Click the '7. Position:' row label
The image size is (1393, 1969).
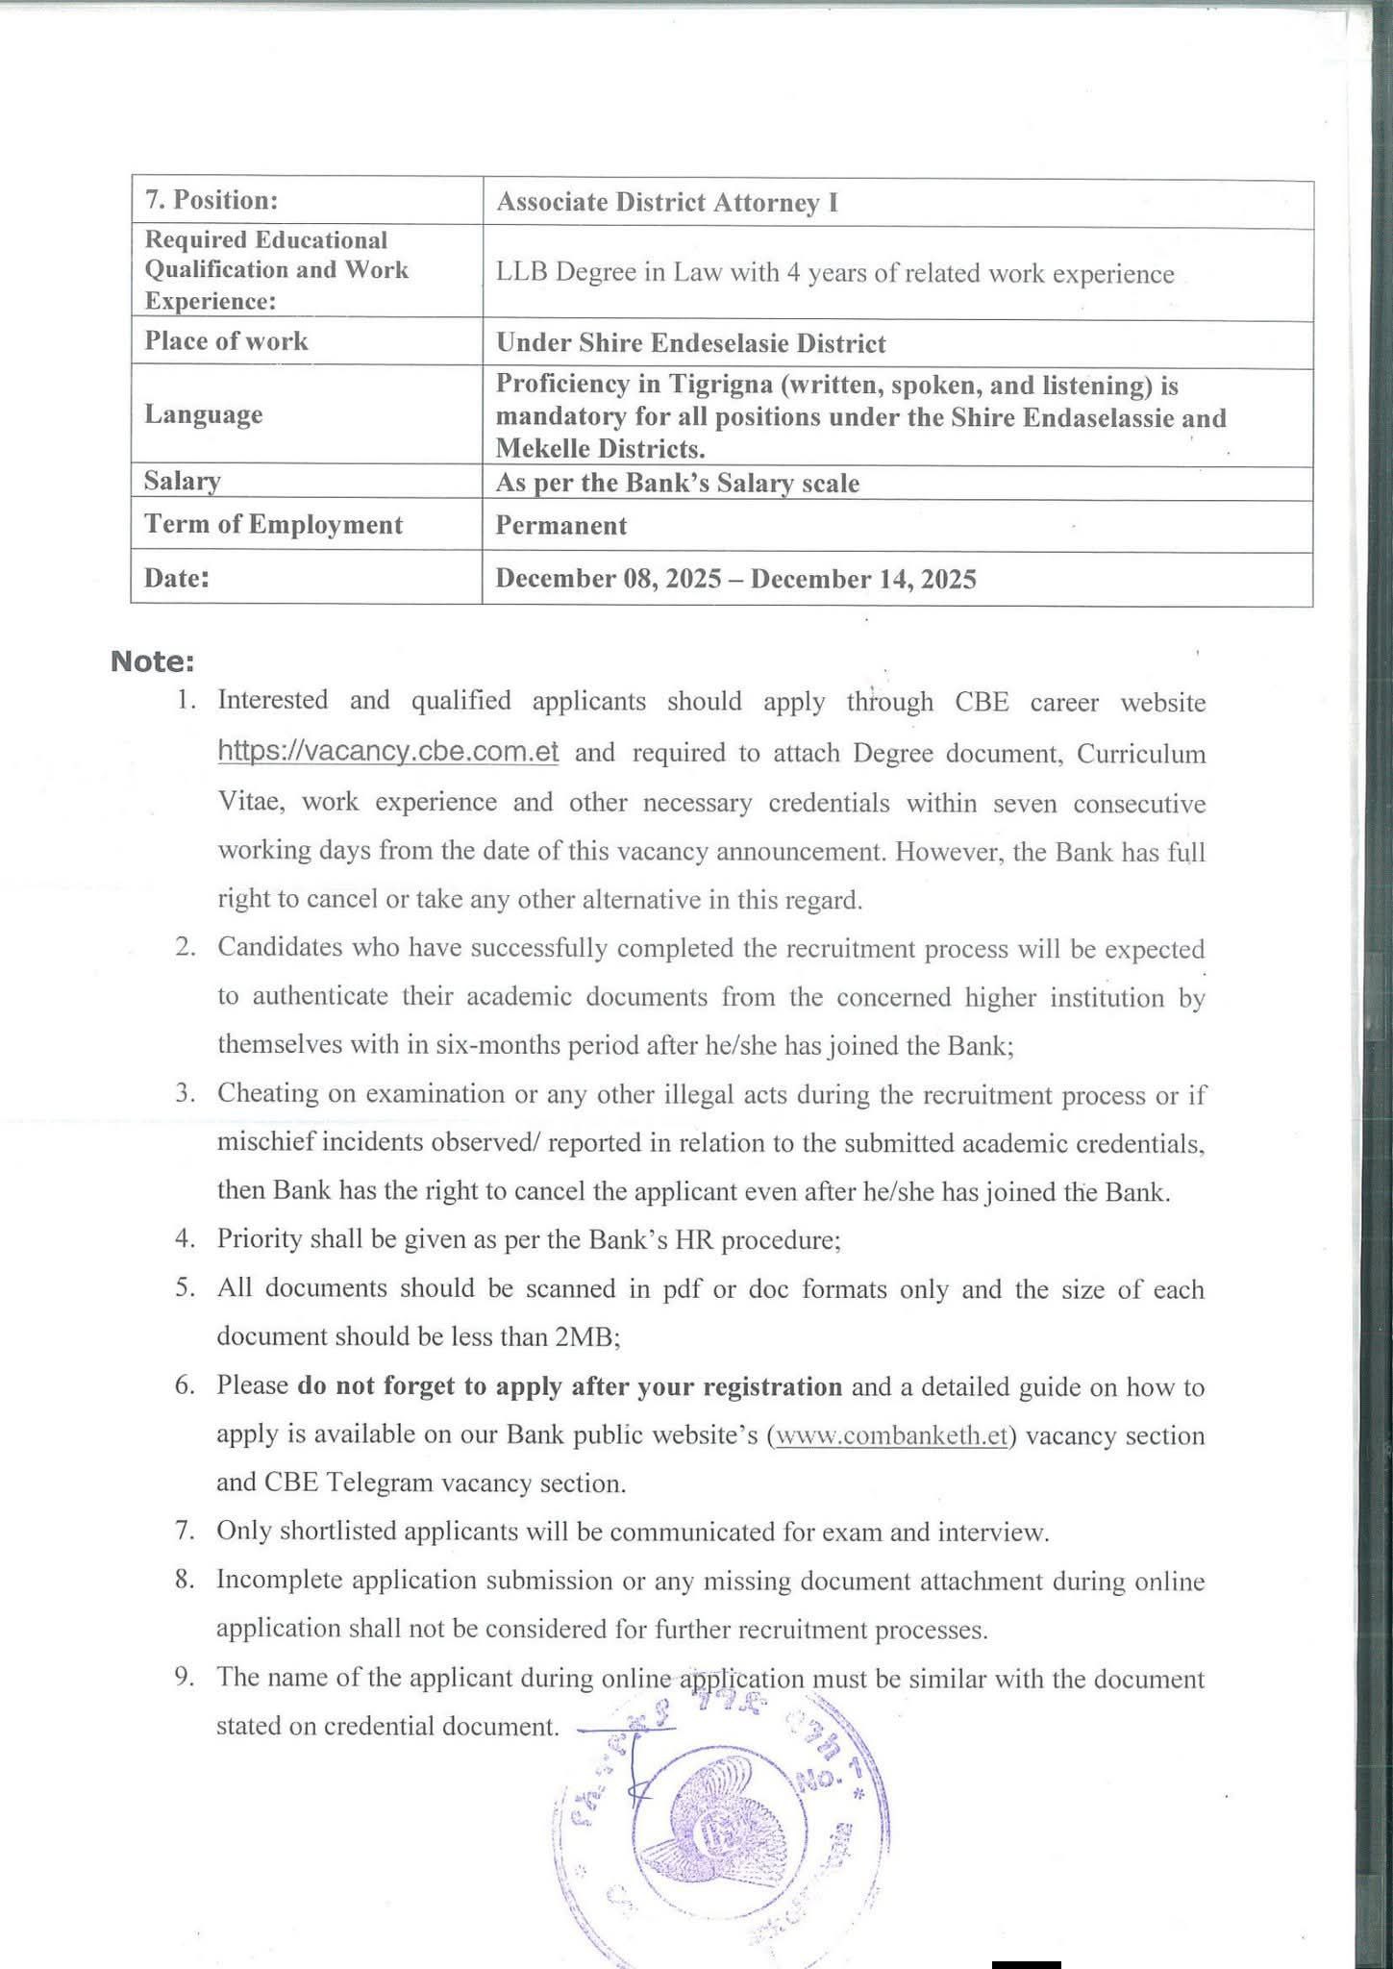[x=211, y=200]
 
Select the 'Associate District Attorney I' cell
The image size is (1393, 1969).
[x=666, y=203]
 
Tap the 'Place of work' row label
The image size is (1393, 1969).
[x=226, y=341]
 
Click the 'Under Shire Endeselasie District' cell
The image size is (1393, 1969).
[x=690, y=343]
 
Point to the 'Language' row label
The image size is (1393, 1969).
[x=203, y=414]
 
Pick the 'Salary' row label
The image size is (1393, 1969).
[x=182, y=481]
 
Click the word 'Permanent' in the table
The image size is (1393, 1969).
[x=560, y=526]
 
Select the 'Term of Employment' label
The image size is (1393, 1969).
[x=273, y=525]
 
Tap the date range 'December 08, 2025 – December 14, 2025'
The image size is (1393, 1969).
[x=735, y=579]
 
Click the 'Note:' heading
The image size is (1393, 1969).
[x=153, y=661]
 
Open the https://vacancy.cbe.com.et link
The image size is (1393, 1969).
[x=387, y=752]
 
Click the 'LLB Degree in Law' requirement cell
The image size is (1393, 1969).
[x=834, y=274]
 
